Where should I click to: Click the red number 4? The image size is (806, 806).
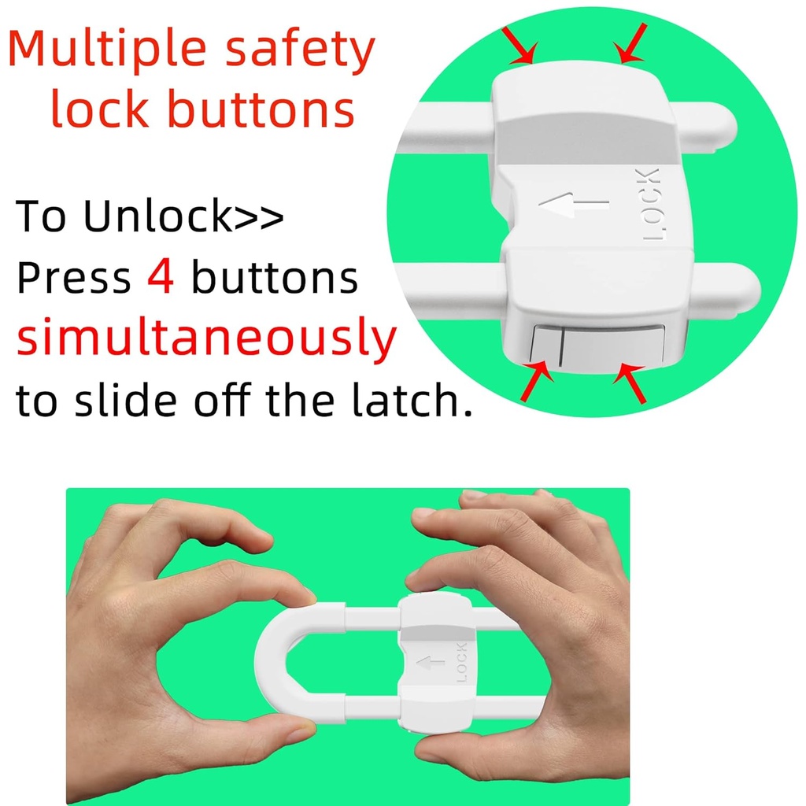tap(161, 279)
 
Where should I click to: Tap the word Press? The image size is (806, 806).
tap(73, 279)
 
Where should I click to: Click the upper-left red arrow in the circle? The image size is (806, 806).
tap(521, 49)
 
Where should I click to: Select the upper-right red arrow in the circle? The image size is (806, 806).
tap(630, 43)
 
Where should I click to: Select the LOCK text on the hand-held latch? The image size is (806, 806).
tap(461, 661)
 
